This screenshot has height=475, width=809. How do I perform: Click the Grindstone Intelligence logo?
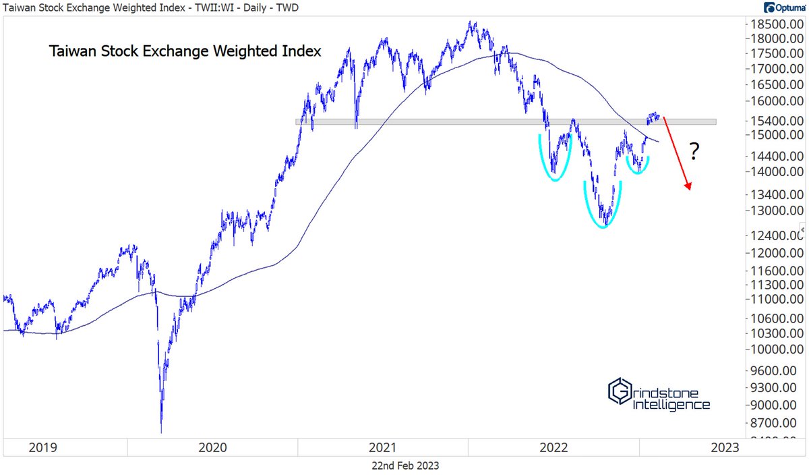[x=659, y=394]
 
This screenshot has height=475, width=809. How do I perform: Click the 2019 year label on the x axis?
[x=42, y=447]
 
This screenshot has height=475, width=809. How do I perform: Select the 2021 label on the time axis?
[x=382, y=447]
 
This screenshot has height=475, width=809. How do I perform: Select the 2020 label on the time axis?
[x=212, y=447]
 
